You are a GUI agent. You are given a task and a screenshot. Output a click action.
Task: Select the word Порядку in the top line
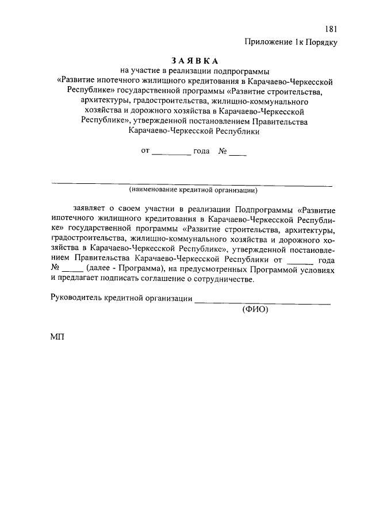[321, 41]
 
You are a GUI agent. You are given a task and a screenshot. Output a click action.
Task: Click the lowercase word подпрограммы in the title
[244, 71]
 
